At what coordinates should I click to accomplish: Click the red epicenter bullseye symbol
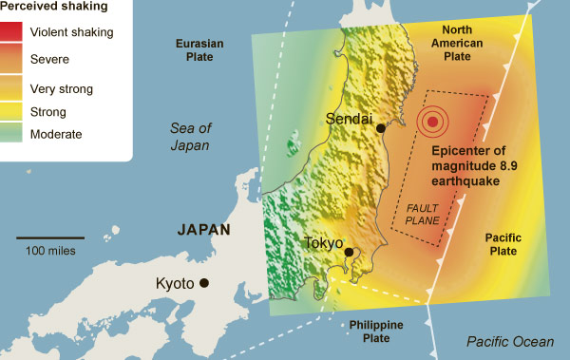(x=432, y=121)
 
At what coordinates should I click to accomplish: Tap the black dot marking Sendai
(x=380, y=128)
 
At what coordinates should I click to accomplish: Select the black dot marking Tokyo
(x=350, y=252)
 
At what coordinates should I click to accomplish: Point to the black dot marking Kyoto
(x=203, y=283)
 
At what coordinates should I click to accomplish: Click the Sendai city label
(x=348, y=120)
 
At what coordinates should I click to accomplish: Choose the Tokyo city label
(x=323, y=244)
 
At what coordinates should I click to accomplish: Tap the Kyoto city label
(x=175, y=284)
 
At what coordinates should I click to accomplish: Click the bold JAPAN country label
(x=206, y=230)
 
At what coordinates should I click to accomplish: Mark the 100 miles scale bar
(x=49, y=237)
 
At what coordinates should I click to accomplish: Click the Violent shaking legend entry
(x=72, y=31)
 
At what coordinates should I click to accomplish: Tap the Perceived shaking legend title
(x=57, y=7)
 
